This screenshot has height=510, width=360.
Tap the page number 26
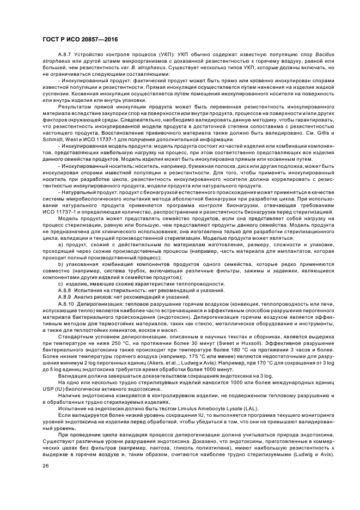[x=46, y=465]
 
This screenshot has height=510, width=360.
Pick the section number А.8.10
[x=66, y=303]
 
